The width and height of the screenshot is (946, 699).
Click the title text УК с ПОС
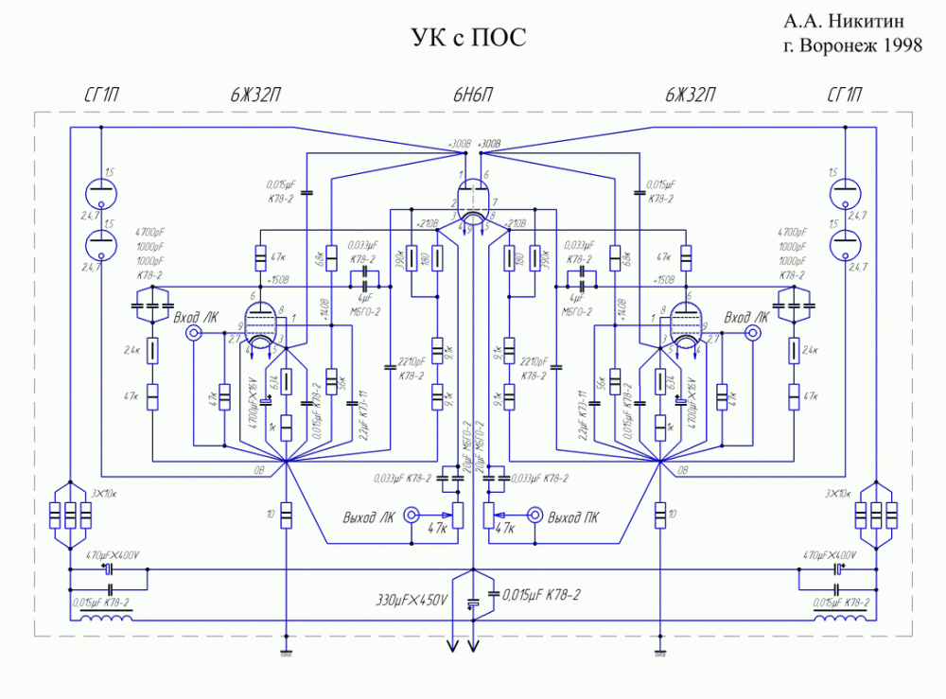pos(467,38)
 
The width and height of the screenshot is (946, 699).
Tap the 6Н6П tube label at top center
pos(473,96)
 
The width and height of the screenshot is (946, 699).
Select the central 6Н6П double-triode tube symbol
pos(473,201)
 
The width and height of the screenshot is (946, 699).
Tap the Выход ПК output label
pos(578,517)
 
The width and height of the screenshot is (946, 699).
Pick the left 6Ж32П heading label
pos(255,96)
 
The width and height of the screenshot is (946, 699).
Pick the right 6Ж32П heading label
pos(690,96)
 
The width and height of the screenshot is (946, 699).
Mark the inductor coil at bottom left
pos(107,619)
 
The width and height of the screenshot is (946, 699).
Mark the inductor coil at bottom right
pos(838,619)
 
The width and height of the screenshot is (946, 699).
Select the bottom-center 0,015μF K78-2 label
pos(542,594)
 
